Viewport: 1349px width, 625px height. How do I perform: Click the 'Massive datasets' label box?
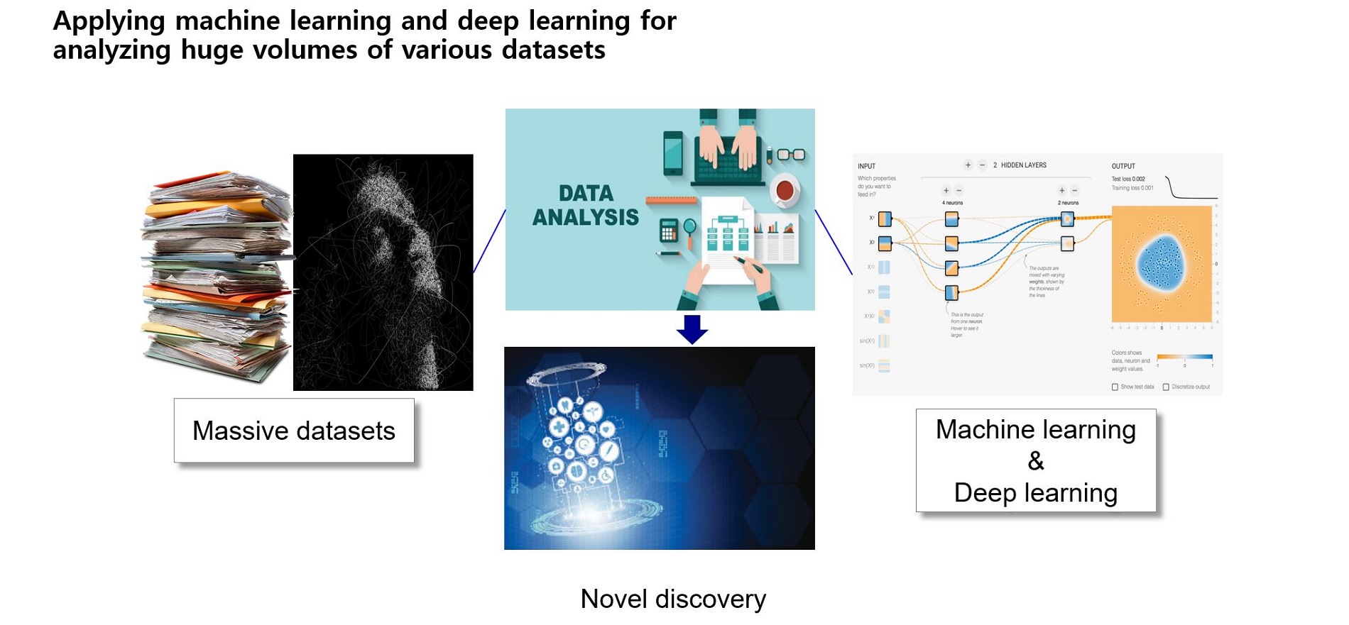294,431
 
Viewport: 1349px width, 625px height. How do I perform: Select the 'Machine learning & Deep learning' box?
1035,460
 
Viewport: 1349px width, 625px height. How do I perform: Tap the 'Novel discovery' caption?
673,599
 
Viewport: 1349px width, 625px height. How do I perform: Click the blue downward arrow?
692,329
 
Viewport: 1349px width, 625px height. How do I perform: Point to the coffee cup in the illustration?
785,190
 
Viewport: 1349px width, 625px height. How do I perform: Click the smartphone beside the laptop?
673,153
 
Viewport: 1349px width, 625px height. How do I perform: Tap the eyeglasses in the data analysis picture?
791,155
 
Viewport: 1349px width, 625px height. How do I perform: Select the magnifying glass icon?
689,228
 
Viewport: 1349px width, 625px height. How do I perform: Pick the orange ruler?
671,200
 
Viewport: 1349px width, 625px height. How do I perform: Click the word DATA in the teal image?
586,193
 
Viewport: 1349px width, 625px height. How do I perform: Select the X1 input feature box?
885,219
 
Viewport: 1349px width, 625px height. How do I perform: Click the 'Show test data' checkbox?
1115,387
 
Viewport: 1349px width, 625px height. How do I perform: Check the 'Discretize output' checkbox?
1166,387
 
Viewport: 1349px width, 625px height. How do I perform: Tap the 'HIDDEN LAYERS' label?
1023,165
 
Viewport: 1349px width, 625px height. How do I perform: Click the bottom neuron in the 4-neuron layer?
952,292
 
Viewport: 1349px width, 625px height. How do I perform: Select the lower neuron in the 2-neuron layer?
1067,243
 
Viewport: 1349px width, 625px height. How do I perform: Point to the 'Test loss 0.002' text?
1128,179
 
